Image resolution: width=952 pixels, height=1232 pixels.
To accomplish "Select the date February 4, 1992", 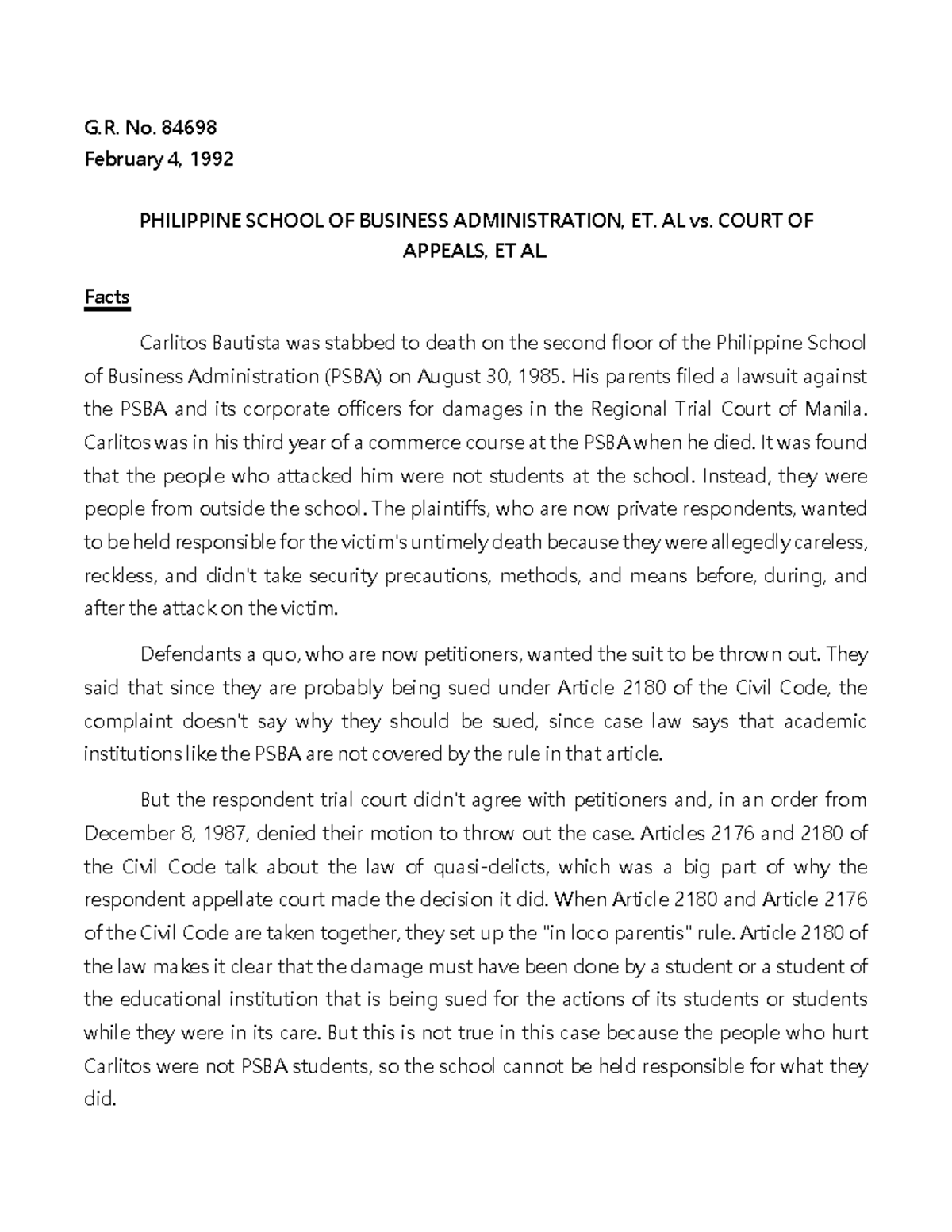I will (x=159, y=159).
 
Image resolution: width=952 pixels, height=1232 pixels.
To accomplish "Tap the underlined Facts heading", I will (x=106, y=297).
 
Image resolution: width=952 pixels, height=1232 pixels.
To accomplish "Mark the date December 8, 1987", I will (x=167, y=833).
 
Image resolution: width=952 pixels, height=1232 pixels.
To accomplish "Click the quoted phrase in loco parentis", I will (x=615, y=933).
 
